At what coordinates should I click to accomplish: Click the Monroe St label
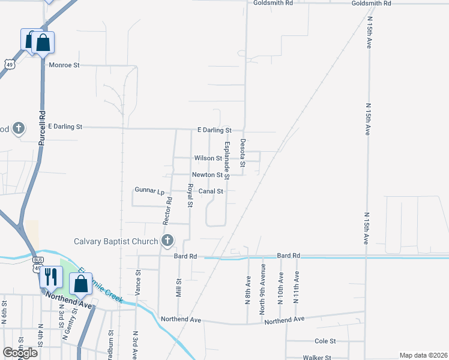point(64,65)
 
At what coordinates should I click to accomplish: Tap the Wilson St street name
point(208,158)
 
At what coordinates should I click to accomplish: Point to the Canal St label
point(211,191)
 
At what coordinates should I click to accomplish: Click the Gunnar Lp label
point(149,191)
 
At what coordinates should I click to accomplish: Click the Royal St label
point(190,196)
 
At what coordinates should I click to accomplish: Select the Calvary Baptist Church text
point(116,242)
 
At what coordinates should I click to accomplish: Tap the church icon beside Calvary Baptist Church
point(167,241)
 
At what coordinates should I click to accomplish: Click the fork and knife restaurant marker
point(50,276)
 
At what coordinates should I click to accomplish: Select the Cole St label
point(325,341)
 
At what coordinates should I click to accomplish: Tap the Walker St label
point(317,358)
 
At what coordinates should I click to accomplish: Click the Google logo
point(20,353)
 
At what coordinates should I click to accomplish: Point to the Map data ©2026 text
point(423,355)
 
